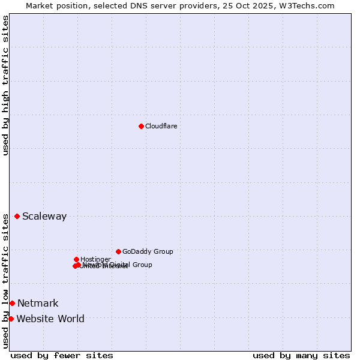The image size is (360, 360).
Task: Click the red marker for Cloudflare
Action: [141, 126]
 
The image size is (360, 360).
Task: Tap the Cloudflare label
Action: [161, 126]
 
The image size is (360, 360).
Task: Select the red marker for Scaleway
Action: [17, 216]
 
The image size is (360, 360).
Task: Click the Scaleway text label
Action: [44, 217]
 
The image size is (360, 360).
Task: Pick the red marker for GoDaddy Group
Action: [118, 251]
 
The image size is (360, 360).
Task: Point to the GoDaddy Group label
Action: [148, 251]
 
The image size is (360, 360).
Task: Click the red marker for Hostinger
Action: [76, 259]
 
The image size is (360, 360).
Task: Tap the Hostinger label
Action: [95, 259]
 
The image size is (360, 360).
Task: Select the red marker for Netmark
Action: [12, 303]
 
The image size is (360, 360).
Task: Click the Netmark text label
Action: [38, 304]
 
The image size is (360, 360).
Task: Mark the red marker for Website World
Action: [11, 319]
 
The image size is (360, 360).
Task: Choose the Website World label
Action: [50, 319]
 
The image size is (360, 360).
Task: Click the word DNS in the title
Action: [136, 5]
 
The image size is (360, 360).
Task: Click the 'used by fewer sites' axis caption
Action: [62, 355]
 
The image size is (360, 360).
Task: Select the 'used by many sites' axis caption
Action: [301, 355]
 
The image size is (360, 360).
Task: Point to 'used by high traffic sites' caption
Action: [5, 85]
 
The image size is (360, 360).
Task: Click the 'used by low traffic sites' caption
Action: [5, 281]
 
